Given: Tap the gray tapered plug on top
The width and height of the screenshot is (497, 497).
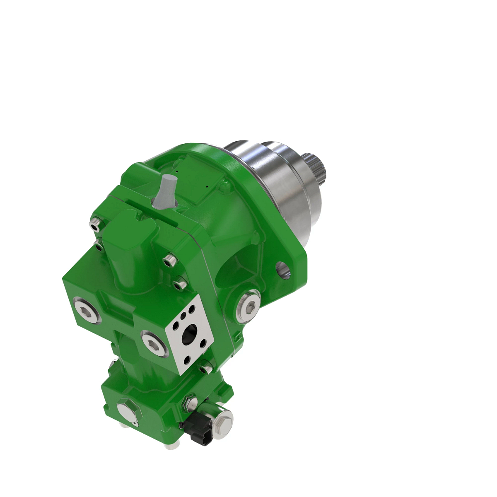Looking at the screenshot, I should pyautogui.click(x=166, y=190).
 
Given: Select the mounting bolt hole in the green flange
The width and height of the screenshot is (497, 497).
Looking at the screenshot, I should pyautogui.click(x=284, y=269).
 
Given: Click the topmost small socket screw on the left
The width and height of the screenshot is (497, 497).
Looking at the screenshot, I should pyautogui.click(x=96, y=224).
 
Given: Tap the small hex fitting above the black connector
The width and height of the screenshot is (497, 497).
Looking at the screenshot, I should pyautogui.click(x=191, y=401).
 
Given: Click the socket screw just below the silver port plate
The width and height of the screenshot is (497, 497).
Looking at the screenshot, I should pyautogui.click(x=205, y=368).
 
